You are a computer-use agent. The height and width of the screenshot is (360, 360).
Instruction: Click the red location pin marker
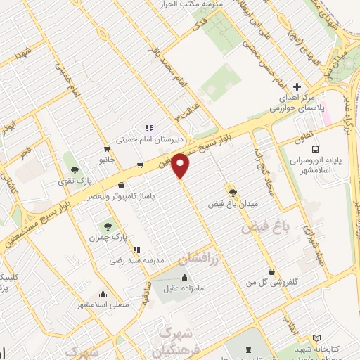pos(182,166)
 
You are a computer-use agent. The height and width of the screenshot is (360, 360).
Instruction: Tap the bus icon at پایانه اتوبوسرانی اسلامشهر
pos(316,149)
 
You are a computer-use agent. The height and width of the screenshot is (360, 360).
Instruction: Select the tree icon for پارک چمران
pos(107,226)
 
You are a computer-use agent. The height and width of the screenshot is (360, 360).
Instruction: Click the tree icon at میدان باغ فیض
pos(231,191)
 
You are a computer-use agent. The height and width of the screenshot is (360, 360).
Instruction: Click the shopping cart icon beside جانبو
pos(106,149)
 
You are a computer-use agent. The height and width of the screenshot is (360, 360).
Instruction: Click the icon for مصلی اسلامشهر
pos(104,294)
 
